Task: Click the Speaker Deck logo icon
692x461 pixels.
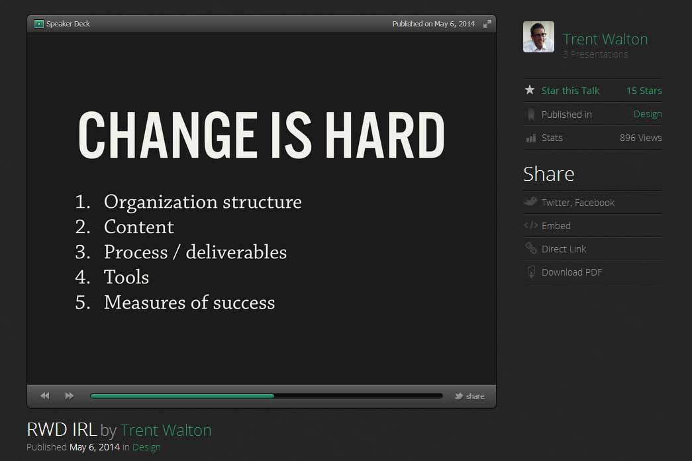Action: pos(39,24)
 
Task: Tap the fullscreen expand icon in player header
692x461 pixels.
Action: pos(487,24)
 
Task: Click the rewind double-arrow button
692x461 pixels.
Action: pos(45,395)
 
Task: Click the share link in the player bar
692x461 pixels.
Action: pos(470,396)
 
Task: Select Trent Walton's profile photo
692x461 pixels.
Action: pos(538,36)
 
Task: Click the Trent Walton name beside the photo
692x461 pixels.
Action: pos(605,39)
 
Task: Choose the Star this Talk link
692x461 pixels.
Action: pos(570,91)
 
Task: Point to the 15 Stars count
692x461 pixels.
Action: pos(644,91)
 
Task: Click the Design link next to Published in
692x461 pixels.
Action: pos(648,115)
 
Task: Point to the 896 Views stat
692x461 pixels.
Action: pos(640,138)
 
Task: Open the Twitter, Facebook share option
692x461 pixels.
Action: pos(577,203)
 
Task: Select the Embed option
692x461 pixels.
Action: pos(556,226)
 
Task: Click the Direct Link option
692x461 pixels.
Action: pos(564,249)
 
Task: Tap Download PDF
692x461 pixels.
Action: pos(571,272)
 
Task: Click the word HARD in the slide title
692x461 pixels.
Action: pos(385,134)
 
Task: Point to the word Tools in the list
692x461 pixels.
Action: pos(126,278)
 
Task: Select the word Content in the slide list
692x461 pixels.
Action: pos(138,227)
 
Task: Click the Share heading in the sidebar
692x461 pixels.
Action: pos(548,174)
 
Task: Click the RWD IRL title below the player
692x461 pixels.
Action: pos(62,430)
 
